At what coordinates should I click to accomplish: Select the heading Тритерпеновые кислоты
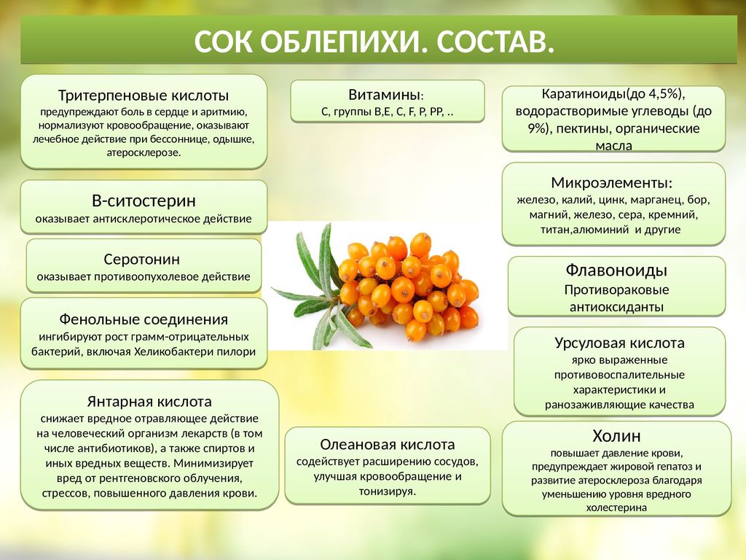tap(144, 96)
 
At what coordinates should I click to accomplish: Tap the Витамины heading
tap(386, 95)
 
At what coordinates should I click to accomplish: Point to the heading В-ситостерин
tap(144, 201)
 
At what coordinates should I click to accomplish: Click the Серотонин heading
tap(142, 259)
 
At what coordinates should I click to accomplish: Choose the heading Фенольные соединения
tap(144, 319)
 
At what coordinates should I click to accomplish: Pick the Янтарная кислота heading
tap(149, 402)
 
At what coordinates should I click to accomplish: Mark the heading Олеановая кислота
tap(388, 444)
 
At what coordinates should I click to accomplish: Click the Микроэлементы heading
tap(612, 182)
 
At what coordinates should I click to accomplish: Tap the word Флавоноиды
tap(616, 270)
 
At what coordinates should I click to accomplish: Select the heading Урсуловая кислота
tap(619, 343)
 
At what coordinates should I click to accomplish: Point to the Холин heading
tap(616, 436)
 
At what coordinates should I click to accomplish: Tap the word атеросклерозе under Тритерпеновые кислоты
tap(144, 153)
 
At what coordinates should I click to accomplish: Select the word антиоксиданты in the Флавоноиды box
tap(616, 307)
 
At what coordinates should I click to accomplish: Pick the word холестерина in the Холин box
tap(616, 507)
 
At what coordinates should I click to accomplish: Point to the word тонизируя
tap(388, 491)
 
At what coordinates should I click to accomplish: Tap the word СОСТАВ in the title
tap(495, 42)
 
